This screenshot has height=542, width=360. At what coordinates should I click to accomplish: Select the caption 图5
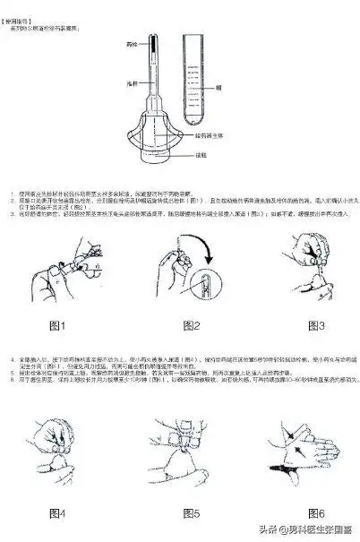[x=191, y=512]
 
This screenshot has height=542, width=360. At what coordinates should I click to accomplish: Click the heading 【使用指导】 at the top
[x=21, y=6]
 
